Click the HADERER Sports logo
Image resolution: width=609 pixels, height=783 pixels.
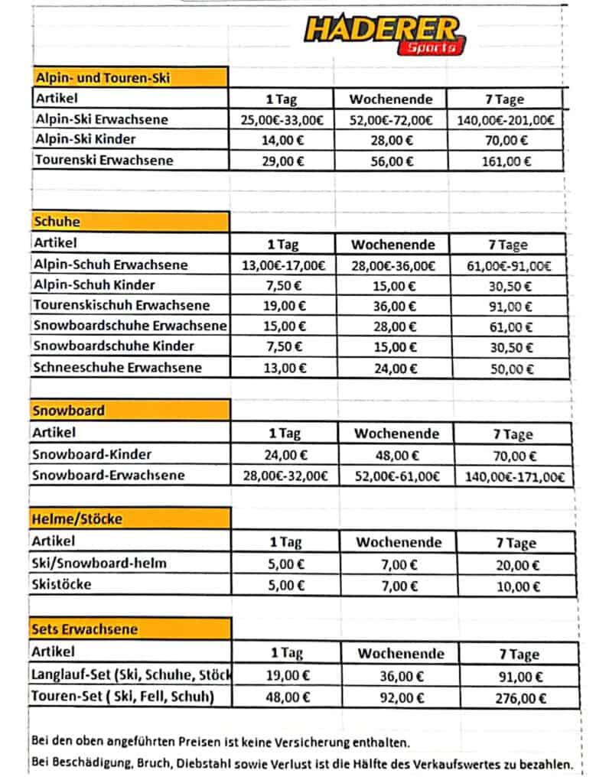(385, 34)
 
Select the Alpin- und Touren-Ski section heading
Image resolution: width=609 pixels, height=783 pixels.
(103, 77)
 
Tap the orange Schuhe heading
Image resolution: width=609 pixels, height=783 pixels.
(57, 222)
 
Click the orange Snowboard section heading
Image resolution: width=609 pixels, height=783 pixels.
(69, 410)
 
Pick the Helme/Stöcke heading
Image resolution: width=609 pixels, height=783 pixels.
(77, 518)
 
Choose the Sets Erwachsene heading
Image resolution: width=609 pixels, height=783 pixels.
(85, 629)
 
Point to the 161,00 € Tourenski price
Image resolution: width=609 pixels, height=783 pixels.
(506, 161)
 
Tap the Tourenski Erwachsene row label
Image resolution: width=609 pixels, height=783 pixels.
(104, 161)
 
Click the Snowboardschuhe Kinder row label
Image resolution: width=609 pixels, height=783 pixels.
(114, 346)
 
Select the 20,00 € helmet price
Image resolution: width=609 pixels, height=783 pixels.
(515, 565)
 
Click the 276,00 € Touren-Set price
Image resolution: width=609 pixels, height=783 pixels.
(520, 698)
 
